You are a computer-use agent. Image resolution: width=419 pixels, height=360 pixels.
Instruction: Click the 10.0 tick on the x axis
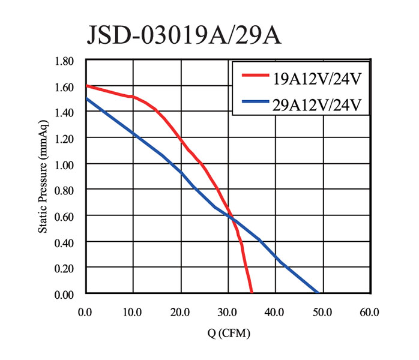[x=132, y=312]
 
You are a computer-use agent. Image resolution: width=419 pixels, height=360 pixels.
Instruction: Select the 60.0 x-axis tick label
[x=369, y=312]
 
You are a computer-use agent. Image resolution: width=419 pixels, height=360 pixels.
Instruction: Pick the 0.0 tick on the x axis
[x=85, y=312]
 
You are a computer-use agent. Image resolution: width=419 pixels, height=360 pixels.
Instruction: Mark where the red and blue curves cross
[x=230, y=215]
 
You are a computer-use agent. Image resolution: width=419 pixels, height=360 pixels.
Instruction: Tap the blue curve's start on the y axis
[x=85, y=99]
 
